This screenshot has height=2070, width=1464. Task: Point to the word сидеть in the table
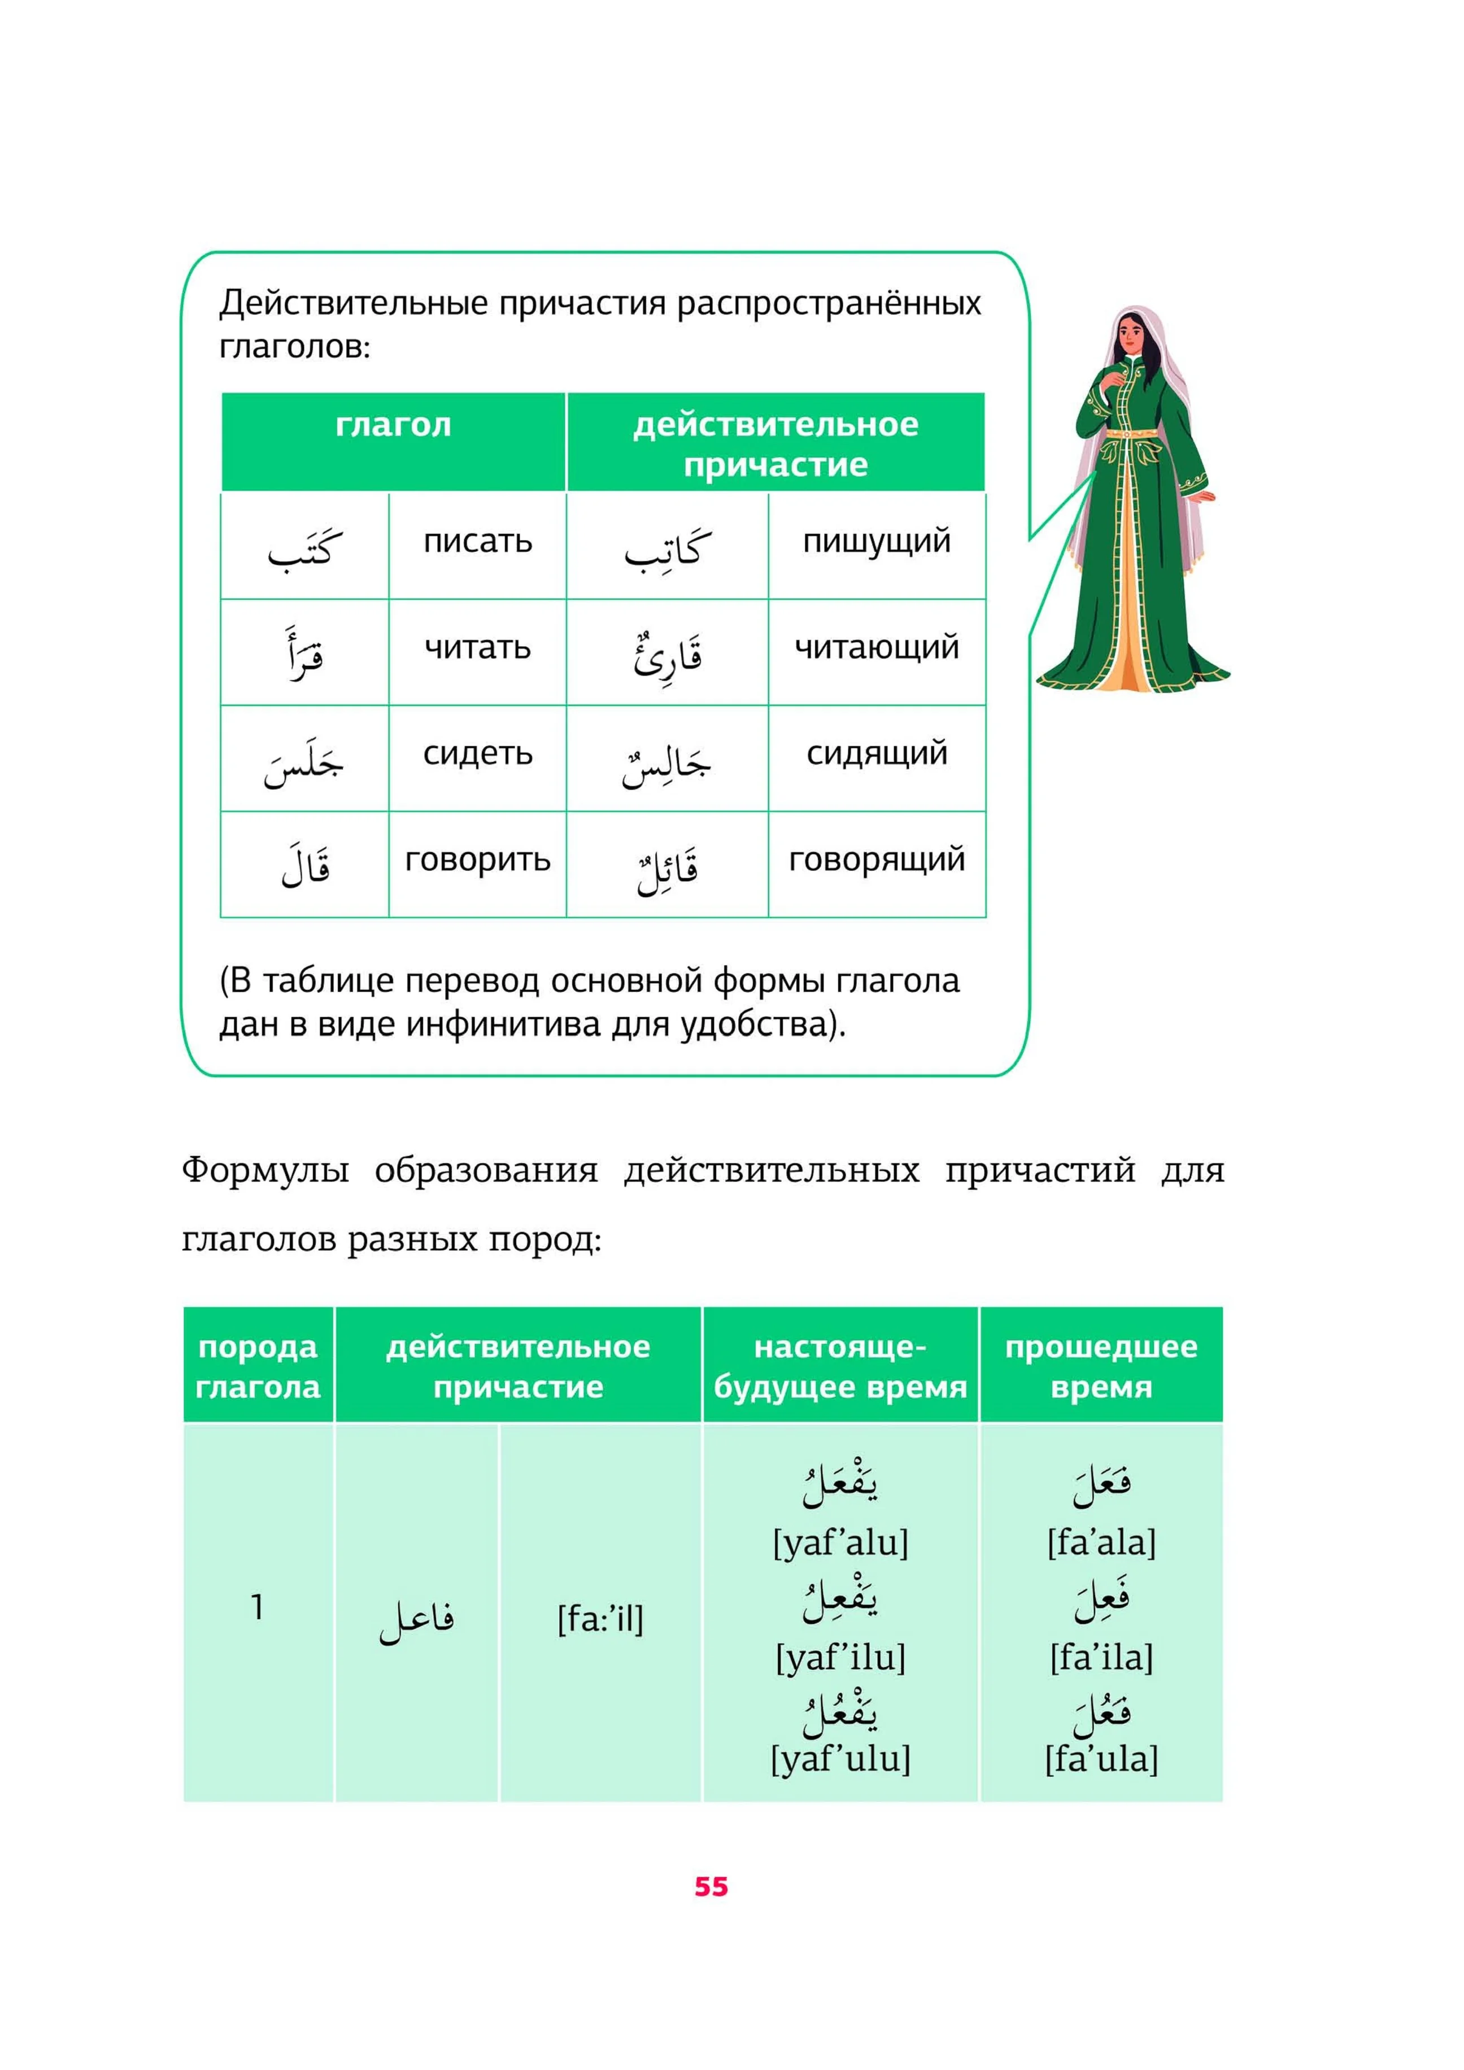coord(478,753)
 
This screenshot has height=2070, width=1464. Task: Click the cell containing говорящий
coord(876,860)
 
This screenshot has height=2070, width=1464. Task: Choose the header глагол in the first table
coord(393,425)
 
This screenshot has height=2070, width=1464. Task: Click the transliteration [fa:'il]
coord(600,1619)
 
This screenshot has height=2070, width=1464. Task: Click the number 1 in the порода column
coord(258,1607)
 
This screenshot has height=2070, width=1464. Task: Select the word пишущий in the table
coord(876,542)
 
